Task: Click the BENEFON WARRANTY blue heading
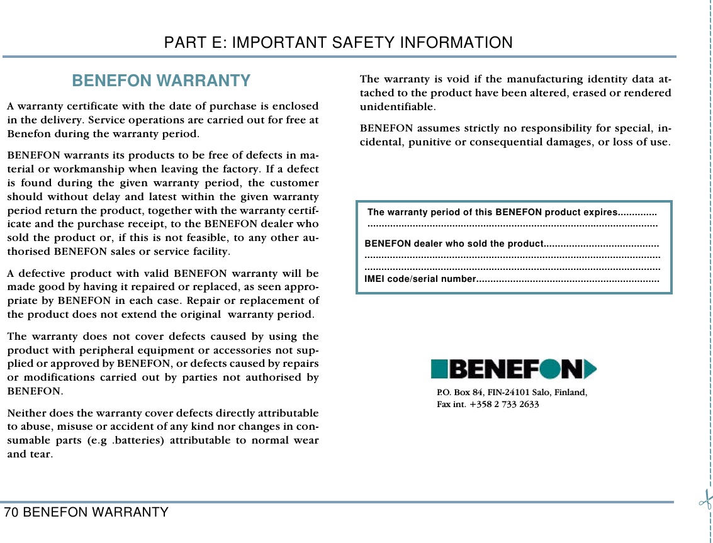(x=161, y=81)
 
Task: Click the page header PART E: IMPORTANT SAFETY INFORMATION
(x=338, y=43)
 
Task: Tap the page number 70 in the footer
(x=11, y=512)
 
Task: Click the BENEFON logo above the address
(x=514, y=369)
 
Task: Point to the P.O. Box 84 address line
(x=512, y=393)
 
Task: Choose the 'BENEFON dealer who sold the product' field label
(x=454, y=244)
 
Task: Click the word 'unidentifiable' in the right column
(x=389, y=106)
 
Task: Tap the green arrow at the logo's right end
(x=590, y=369)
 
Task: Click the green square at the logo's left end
(x=439, y=369)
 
